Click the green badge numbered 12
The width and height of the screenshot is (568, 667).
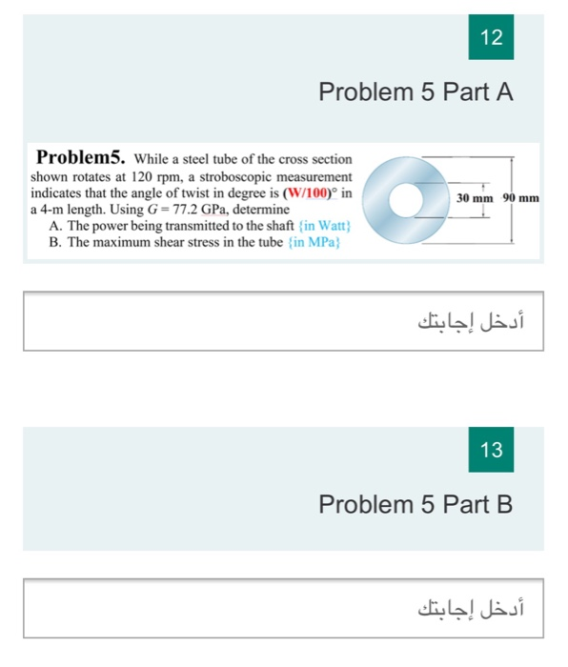pyautogui.click(x=492, y=38)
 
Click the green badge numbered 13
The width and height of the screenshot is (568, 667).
pyautogui.click(x=492, y=450)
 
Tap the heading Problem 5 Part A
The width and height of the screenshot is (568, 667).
pyautogui.click(x=416, y=92)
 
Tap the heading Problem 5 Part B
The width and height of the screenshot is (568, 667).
pyautogui.click(x=416, y=504)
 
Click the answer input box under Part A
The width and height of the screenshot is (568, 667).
pyautogui.click(x=283, y=322)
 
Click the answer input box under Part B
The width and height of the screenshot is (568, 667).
pyautogui.click(x=283, y=606)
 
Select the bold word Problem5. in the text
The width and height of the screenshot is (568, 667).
pyautogui.click(x=80, y=158)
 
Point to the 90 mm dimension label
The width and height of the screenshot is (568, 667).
pyautogui.click(x=521, y=198)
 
